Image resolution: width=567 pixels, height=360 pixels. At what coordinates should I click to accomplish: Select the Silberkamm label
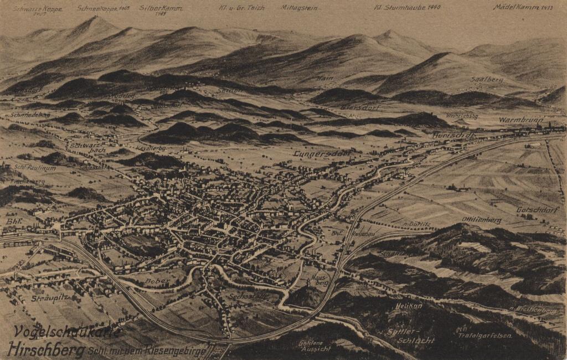[x=161, y=9]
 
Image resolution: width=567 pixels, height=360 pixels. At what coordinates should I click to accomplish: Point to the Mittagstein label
[x=299, y=8]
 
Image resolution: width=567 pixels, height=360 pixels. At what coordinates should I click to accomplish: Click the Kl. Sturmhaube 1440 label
[x=407, y=8]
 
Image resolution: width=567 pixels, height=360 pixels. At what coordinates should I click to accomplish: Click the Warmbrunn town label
[x=519, y=120]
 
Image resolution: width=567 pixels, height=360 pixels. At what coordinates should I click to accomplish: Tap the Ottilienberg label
[x=481, y=220]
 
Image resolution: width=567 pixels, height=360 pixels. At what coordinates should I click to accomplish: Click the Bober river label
[x=157, y=281]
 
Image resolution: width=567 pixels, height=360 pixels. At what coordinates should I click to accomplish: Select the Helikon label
[x=409, y=305]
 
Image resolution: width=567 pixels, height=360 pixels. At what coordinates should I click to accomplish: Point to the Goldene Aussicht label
[x=314, y=346]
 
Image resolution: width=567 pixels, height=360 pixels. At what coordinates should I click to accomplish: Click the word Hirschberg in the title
[x=46, y=349]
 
